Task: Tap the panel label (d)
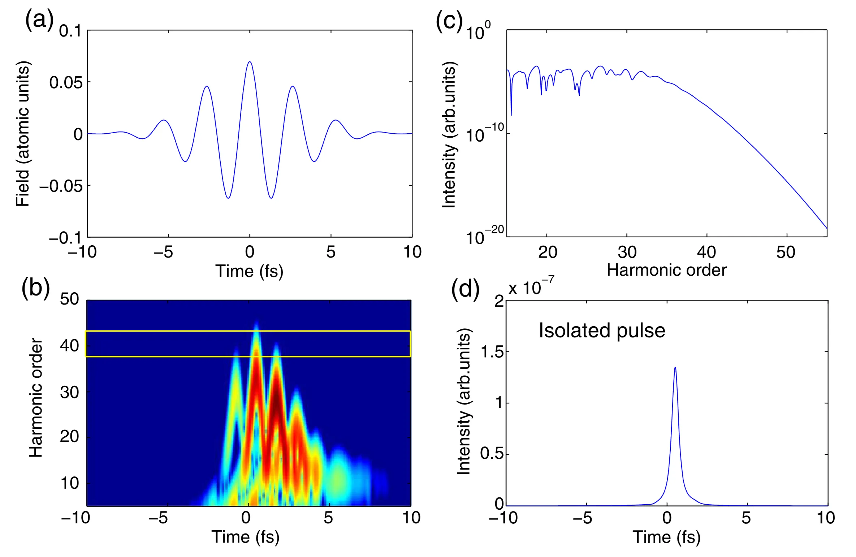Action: [x=465, y=289]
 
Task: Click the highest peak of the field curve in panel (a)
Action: [x=250, y=62]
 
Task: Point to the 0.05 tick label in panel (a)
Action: [x=66, y=83]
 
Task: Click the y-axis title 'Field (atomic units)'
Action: [x=22, y=134]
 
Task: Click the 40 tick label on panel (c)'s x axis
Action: [x=706, y=252]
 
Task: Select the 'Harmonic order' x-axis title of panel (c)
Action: [x=666, y=270]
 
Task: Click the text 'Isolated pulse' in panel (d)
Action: [x=602, y=331]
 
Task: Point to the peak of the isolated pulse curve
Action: [x=675, y=368]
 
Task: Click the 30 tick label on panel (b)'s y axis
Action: [x=69, y=392]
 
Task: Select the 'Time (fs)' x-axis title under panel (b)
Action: [x=245, y=537]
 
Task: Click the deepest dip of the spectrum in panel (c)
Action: [x=511, y=115]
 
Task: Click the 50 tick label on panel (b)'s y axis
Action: [x=69, y=299]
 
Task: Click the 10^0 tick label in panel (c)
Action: [x=478, y=31]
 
